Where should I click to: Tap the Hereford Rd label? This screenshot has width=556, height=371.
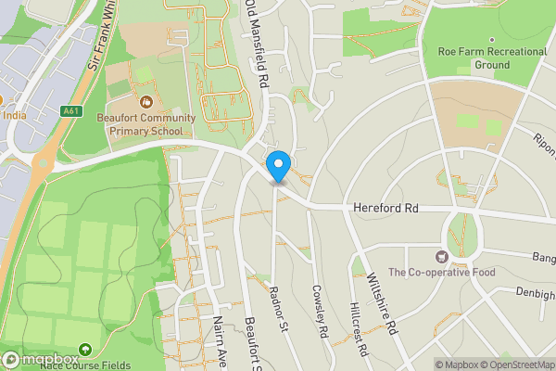[x=386, y=211]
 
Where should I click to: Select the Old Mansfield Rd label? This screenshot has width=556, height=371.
[x=258, y=45]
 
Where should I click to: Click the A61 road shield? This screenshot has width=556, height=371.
[x=71, y=111]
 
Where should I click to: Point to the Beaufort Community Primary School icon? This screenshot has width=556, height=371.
[x=146, y=101]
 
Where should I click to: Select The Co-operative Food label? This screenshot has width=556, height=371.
[x=442, y=273]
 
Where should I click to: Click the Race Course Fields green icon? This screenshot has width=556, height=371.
[x=85, y=350]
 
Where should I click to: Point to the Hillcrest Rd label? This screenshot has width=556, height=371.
[x=360, y=329]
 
